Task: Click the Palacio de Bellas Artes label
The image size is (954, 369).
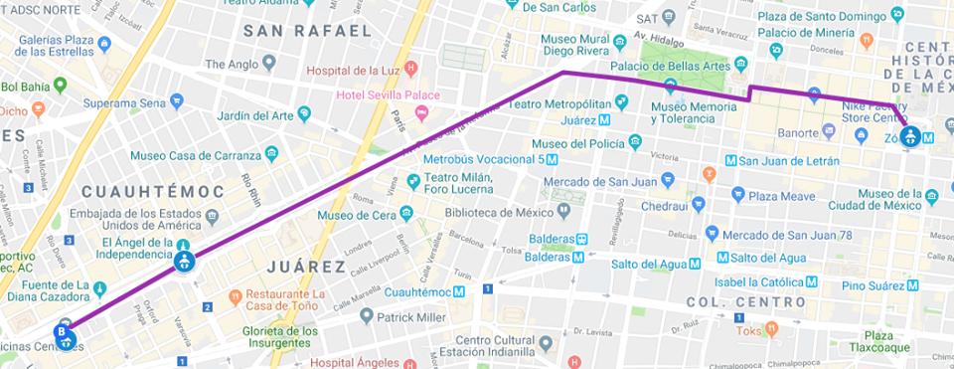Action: point(680,66)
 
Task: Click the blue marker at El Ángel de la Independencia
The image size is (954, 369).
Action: point(183,262)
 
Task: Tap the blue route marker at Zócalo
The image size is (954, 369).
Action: point(909,136)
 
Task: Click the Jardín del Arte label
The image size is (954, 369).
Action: point(255,115)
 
